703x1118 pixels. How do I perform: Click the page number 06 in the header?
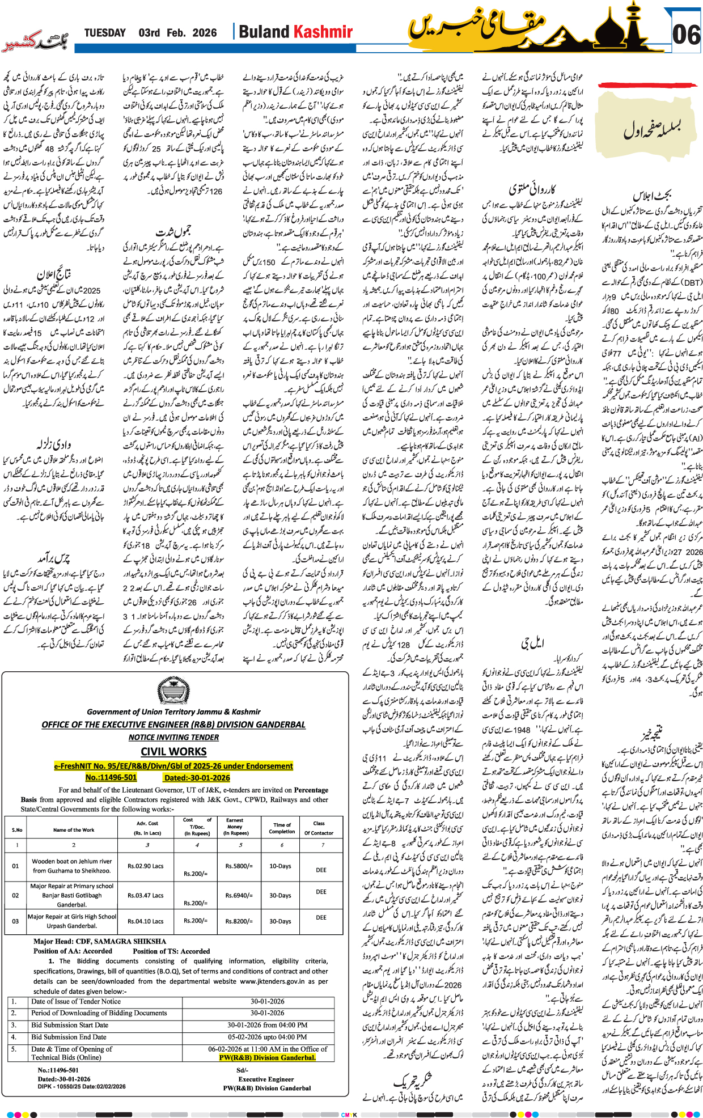click(x=686, y=35)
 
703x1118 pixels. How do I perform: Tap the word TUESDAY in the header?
click(x=105, y=33)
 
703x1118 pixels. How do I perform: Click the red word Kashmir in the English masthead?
click(x=323, y=32)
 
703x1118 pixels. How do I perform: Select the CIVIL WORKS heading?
click(x=173, y=752)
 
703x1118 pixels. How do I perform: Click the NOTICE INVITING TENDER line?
click(x=173, y=737)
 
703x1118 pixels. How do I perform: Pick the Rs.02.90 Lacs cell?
click(x=146, y=866)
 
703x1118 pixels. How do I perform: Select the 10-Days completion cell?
click(x=280, y=866)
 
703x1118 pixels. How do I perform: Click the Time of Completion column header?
click(x=282, y=828)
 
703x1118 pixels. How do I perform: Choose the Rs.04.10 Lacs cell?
click(x=146, y=921)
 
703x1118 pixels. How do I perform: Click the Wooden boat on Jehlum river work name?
click(x=72, y=866)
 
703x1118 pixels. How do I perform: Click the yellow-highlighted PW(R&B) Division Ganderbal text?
click(x=267, y=1057)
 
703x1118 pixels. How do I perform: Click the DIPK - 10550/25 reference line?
click(x=82, y=1086)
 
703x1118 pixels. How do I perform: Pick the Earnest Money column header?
click(x=235, y=827)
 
